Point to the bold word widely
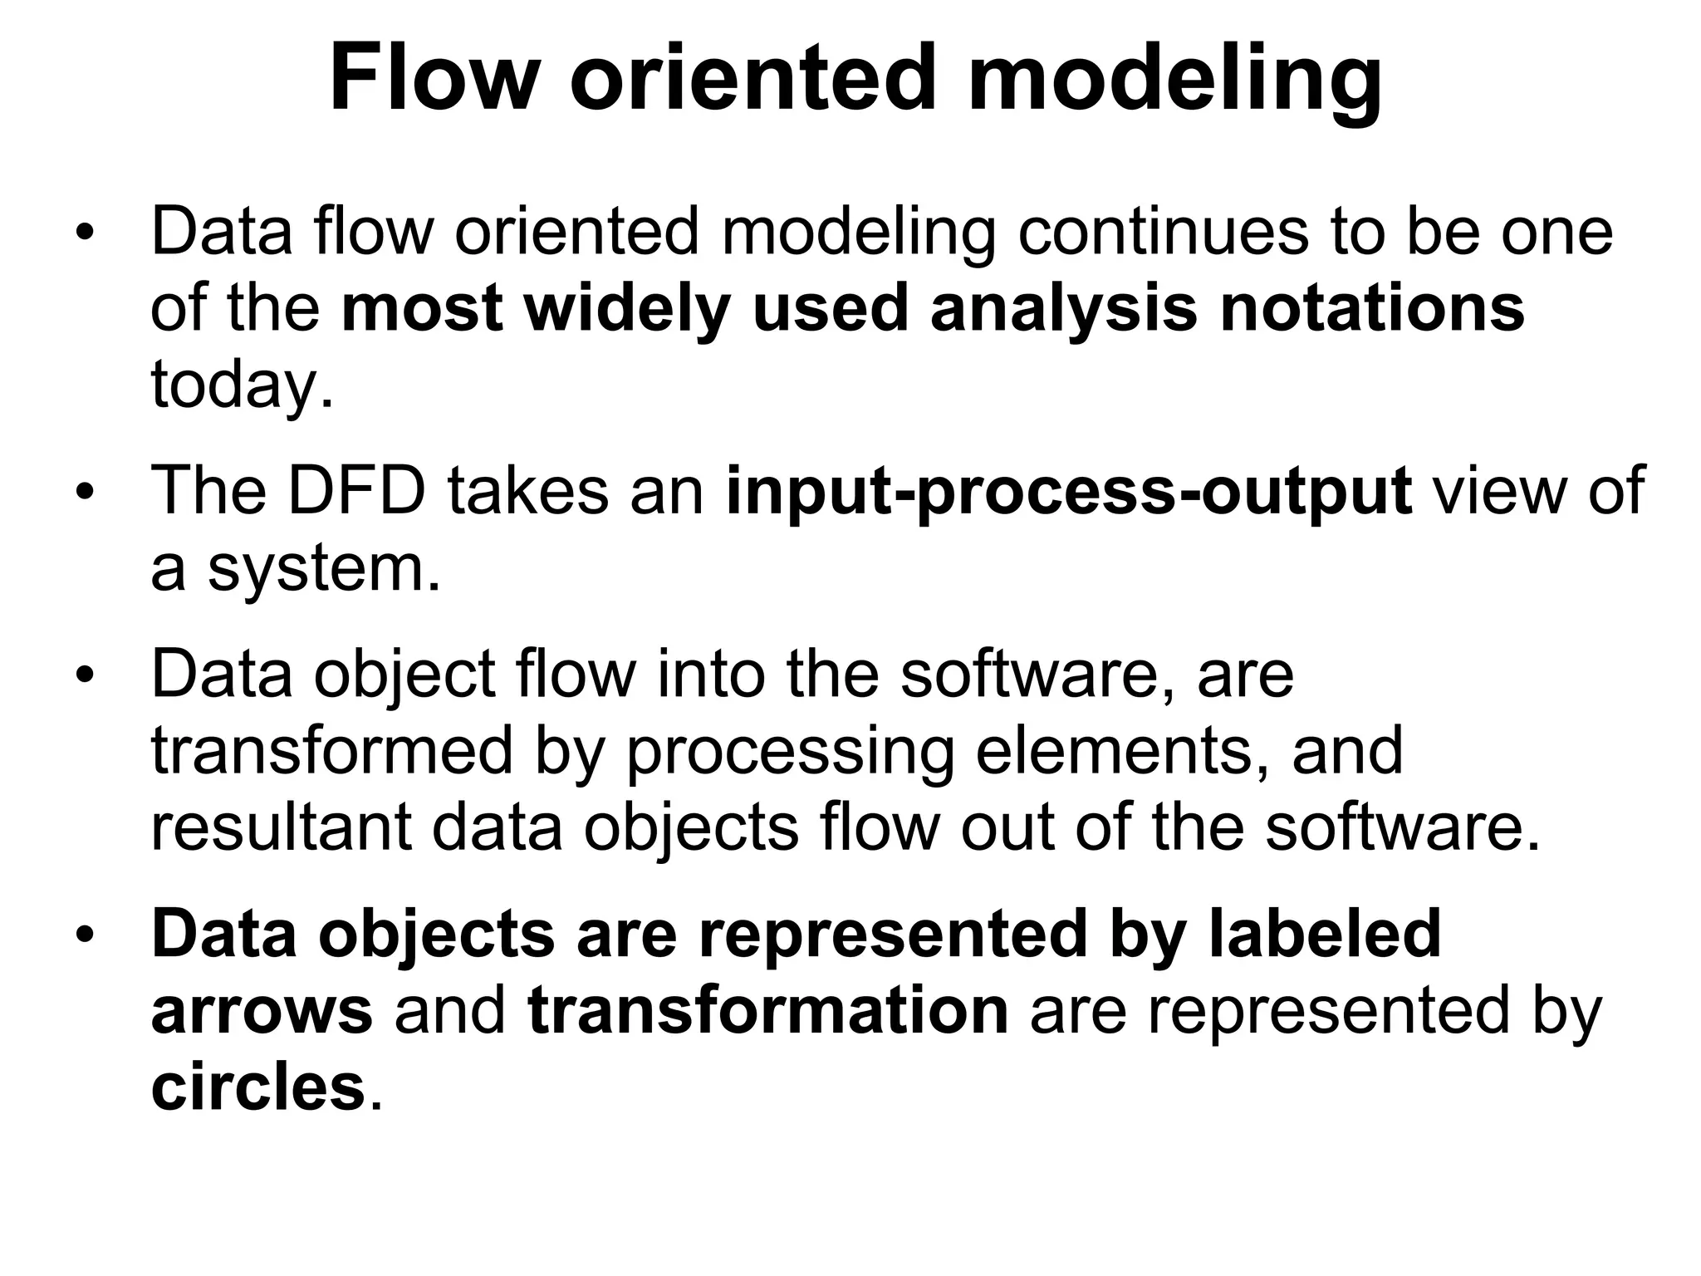click(x=626, y=308)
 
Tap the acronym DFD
click(x=356, y=491)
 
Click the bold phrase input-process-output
click(x=1068, y=491)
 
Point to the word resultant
click(x=282, y=827)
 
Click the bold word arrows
click(x=262, y=1010)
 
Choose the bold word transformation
click(x=767, y=1010)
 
